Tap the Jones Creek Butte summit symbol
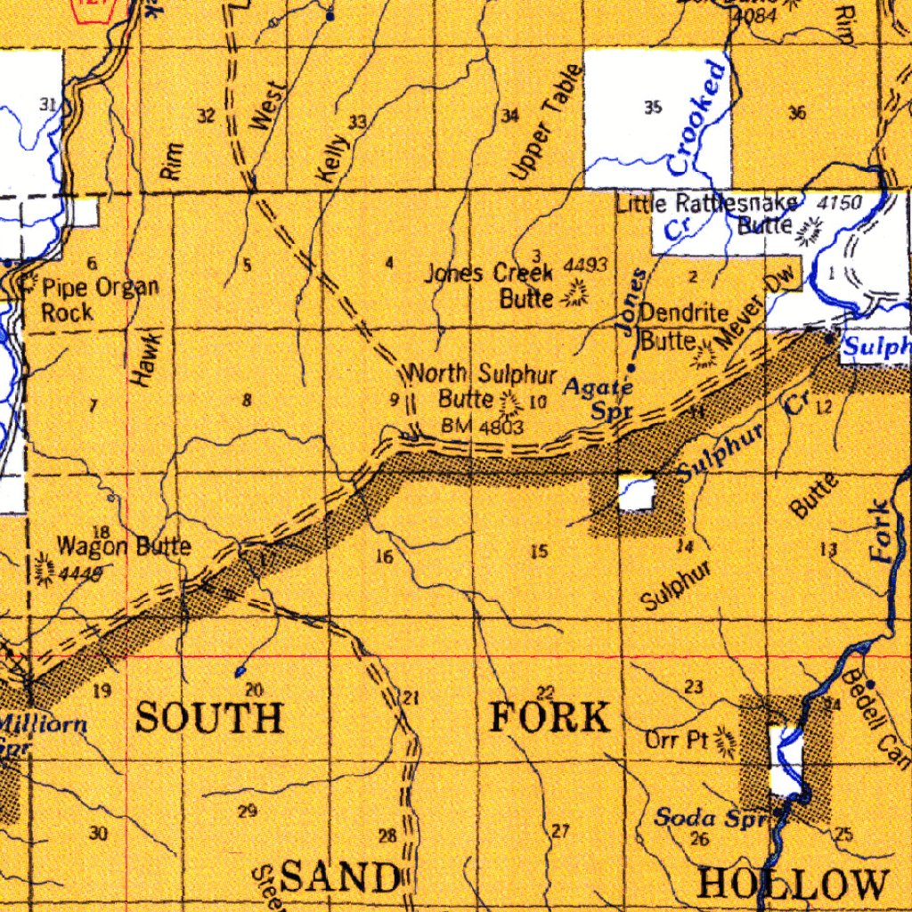click(x=576, y=294)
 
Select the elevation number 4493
click(x=586, y=265)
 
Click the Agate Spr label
click(x=598, y=397)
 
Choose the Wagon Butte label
click(x=123, y=546)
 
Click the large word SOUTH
click(x=209, y=717)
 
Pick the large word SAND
click(x=338, y=878)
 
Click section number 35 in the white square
click(x=653, y=108)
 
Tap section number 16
click(x=384, y=558)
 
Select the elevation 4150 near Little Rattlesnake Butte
click(x=839, y=203)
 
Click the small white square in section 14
click(x=637, y=493)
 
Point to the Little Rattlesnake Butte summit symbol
click(x=810, y=232)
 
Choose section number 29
click(x=248, y=810)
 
